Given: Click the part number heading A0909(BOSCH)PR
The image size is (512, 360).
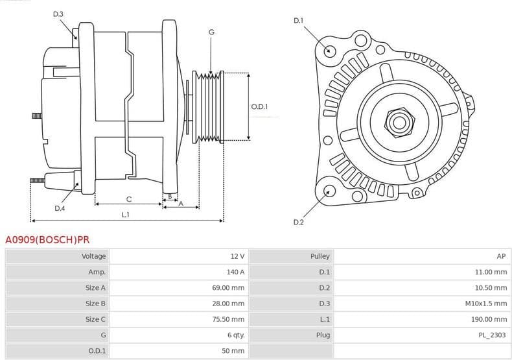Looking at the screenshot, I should click(47, 239).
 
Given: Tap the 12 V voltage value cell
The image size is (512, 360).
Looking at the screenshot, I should click(237, 256).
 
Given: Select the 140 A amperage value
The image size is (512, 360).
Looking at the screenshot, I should click(235, 272).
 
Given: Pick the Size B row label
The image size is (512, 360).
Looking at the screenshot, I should click(95, 304).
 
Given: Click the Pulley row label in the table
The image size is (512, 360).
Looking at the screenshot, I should click(320, 256).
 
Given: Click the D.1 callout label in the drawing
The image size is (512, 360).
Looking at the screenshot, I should click(298, 21).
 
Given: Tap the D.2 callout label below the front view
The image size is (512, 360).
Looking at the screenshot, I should click(298, 222).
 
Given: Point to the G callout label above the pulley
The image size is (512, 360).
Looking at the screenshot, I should click(211, 32).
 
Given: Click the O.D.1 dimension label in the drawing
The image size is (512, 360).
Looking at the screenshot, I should click(259, 106).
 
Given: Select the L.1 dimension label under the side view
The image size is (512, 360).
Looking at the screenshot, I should click(126, 215).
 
